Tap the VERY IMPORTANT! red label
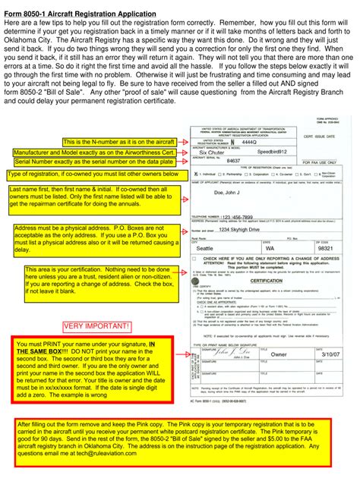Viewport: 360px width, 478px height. [98, 326]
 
